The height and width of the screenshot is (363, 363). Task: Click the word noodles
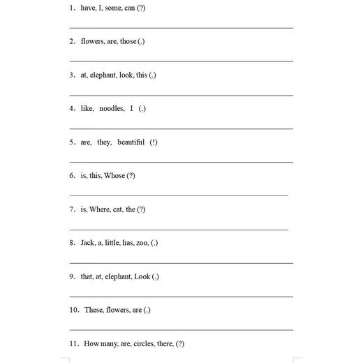pyautogui.click(x=112, y=109)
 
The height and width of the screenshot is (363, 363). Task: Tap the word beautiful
pyautogui.click(x=131, y=142)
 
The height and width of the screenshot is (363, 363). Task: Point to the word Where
pyautogui.click(x=99, y=209)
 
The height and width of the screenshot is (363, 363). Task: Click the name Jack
pyautogui.click(x=87, y=243)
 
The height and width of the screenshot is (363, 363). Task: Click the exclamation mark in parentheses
pyautogui.click(x=154, y=142)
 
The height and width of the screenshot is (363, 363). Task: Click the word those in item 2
pyautogui.click(x=128, y=42)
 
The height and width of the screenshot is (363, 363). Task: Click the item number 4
pyautogui.click(x=72, y=109)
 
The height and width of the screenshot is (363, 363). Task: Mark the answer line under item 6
pyautogui.click(x=179, y=196)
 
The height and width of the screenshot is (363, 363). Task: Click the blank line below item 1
pyautogui.click(x=181, y=28)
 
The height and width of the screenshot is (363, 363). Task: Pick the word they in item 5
pyautogui.click(x=104, y=142)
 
